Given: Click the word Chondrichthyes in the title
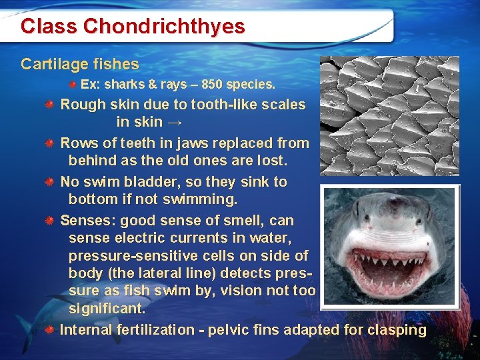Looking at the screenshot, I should tap(164, 26).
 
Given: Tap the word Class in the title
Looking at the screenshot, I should tap(49, 26).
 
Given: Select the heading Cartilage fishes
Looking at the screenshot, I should tap(80, 64).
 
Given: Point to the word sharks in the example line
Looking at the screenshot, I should tap(122, 85).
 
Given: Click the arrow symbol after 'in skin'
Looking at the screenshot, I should tap(175, 122).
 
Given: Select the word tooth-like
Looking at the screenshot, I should tap(223, 105).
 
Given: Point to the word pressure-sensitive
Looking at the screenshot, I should tap(127, 256).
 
